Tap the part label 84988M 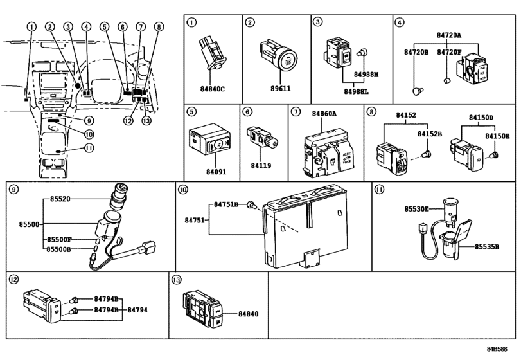coord(366,75)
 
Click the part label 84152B coord(430,134)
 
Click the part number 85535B coord(488,246)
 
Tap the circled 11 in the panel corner coord(379,189)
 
